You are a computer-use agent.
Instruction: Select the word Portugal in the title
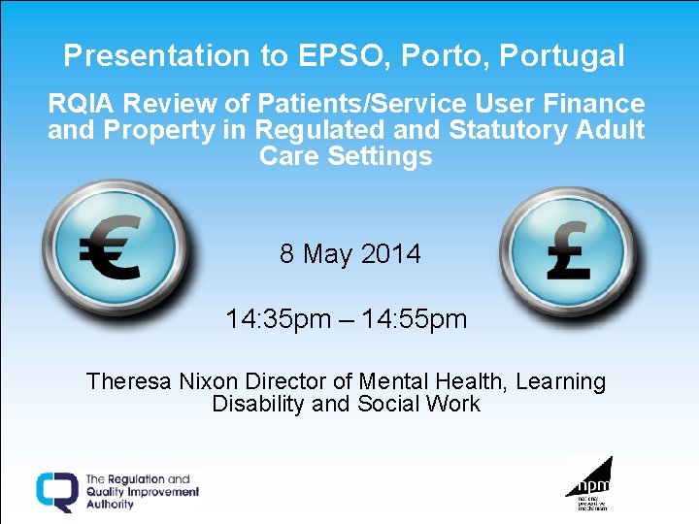tap(561, 56)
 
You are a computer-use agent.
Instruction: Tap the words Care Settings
tap(346, 156)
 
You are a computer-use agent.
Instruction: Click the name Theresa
tap(129, 382)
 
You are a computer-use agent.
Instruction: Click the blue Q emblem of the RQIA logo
tap(57, 491)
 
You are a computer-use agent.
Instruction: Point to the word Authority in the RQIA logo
tap(110, 505)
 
